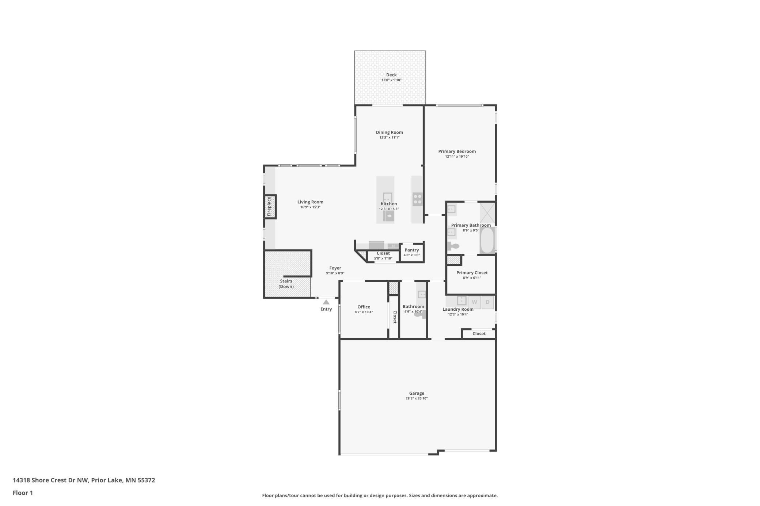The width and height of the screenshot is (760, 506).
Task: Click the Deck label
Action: click(x=391, y=75)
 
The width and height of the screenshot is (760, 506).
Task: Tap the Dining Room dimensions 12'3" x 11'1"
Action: click(x=389, y=138)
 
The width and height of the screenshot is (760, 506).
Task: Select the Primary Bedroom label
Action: click(x=457, y=152)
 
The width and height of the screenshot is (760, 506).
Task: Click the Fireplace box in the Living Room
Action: click(x=270, y=207)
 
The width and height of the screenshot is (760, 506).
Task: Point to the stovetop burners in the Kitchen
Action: click(x=417, y=199)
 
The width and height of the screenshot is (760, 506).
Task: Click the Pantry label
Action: click(x=412, y=250)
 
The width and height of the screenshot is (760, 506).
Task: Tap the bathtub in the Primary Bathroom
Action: click(x=487, y=240)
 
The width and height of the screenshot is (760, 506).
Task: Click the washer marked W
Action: click(x=474, y=302)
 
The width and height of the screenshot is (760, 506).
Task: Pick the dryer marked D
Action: click(x=487, y=302)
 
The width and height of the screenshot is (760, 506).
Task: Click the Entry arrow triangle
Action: click(x=326, y=302)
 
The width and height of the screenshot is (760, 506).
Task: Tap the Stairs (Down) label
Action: click(x=286, y=284)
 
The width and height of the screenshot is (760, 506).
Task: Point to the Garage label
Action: click(x=417, y=393)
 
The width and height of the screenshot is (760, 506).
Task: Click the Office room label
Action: click(x=364, y=307)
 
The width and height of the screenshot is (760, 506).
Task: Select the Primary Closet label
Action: click(x=472, y=273)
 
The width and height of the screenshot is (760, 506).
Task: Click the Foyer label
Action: click(x=335, y=268)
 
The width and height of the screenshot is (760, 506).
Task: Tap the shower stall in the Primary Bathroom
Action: click(x=487, y=212)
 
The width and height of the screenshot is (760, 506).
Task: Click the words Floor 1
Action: click(x=23, y=493)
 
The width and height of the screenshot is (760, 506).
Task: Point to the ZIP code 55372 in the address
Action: click(x=146, y=480)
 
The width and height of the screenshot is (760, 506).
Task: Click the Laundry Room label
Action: click(x=458, y=309)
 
